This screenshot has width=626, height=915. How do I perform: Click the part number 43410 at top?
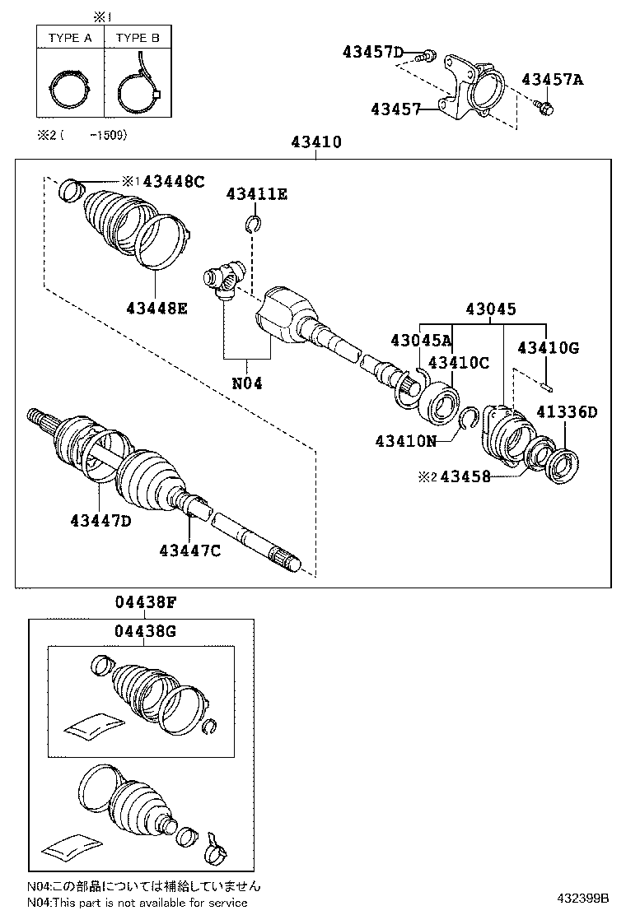(315, 142)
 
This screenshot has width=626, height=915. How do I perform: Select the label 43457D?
(373, 53)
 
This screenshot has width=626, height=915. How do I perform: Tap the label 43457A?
(552, 80)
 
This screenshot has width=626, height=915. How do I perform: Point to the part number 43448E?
(156, 308)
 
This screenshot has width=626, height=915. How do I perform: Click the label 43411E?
(257, 193)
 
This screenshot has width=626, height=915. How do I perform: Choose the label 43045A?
(421, 340)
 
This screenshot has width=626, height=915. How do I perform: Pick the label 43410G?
(548, 348)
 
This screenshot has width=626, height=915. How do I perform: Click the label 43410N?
(405, 441)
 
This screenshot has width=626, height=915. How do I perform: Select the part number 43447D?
(100, 520)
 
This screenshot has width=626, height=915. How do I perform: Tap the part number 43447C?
(189, 550)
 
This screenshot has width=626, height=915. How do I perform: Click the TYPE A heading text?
(70, 38)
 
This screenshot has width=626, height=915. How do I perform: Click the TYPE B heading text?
(138, 38)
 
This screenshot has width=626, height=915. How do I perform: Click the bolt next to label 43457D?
(426, 56)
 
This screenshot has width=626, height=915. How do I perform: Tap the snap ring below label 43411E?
(254, 224)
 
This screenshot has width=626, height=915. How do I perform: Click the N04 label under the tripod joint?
(246, 383)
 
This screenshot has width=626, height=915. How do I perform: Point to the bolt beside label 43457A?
(544, 106)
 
